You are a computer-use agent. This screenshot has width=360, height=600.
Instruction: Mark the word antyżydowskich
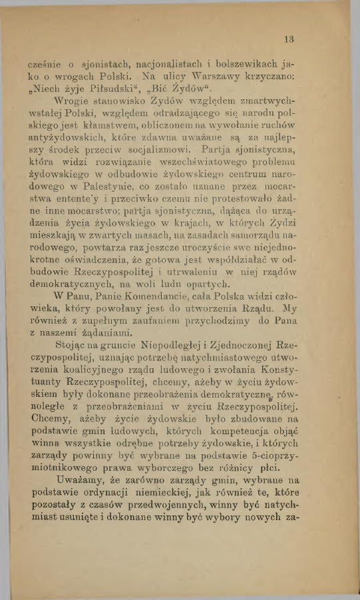tap(66, 141)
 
